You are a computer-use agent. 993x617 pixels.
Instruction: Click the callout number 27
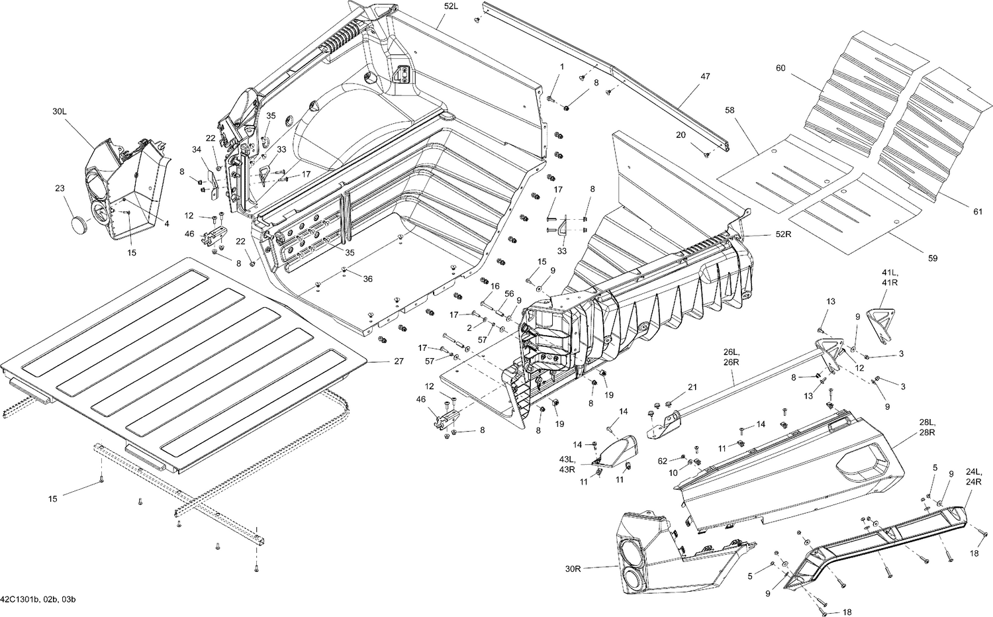click(398, 361)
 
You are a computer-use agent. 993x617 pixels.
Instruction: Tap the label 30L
click(60, 113)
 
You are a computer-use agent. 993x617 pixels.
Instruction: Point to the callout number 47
click(705, 77)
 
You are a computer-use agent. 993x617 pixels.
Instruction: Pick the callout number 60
click(781, 68)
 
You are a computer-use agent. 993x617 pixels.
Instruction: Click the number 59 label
click(932, 258)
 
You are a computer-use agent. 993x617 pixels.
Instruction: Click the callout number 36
click(367, 279)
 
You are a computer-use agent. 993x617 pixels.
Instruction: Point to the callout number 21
click(692, 387)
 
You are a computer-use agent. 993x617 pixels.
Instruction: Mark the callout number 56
click(509, 293)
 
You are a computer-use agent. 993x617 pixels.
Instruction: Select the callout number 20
click(681, 134)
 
